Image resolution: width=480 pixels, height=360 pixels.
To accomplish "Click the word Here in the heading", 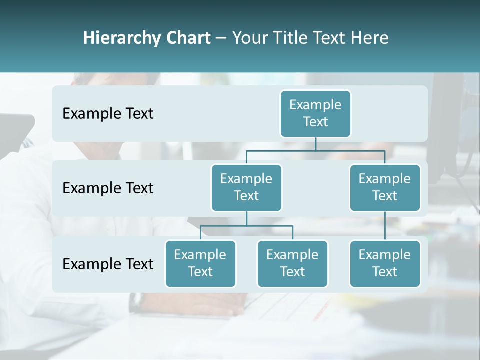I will click(x=369, y=38).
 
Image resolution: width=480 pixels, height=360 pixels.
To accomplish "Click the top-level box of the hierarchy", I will click(x=315, y=114).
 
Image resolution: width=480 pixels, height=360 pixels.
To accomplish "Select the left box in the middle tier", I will click(x=246, y=188).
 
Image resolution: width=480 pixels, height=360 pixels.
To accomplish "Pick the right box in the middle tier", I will click(x=385, y=188).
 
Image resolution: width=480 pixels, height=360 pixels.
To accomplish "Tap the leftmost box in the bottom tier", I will click(x=200, y=264).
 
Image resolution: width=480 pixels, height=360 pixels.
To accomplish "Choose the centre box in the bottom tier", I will click(x=292, y=264).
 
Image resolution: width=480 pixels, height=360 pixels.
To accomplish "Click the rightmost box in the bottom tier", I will click(x=385, y=264).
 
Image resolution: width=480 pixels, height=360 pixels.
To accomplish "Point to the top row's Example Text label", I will click(x=108, y=114).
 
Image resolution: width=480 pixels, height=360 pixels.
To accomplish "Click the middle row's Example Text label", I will click(x=108, y=188).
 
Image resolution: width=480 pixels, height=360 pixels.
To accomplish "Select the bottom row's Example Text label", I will click(x=108, y=264).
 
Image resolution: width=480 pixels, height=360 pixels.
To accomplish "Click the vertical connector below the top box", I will click(x=315, y=144).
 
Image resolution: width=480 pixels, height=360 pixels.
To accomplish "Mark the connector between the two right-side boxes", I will click(x=385, y=226).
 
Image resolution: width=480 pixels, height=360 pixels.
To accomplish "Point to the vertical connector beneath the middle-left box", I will click(x=246, y=218).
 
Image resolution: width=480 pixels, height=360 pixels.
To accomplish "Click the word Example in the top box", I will click(x=315, y=105).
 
